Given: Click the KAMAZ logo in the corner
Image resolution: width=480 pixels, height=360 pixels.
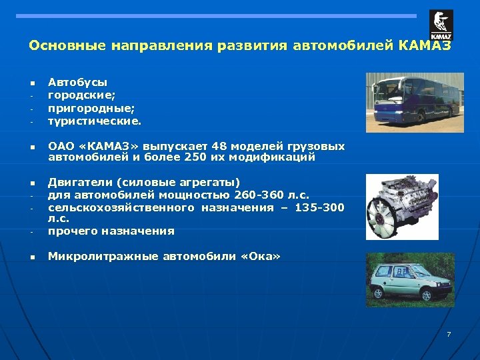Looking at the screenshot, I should tap(441, 25).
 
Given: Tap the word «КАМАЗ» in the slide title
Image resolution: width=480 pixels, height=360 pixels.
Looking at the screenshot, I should tap(425, 46).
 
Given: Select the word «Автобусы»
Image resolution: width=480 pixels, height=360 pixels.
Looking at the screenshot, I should tap(77, 82).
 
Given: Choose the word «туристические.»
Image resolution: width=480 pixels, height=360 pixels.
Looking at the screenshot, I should tap(95, 121).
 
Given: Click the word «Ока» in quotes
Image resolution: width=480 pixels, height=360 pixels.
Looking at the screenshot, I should tap(265, 257).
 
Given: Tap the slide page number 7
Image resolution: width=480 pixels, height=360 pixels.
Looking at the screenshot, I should tap(449, 334).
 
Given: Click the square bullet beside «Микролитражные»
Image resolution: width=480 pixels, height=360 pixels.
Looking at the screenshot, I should tap(31, 257).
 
